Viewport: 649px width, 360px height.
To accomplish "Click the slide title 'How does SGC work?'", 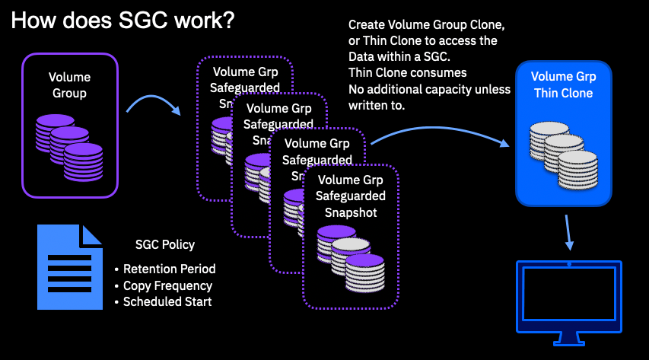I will pyautogui.click(x=122, y=21).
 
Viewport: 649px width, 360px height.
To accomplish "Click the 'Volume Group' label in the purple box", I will pyautogui.click(x=69, y=85).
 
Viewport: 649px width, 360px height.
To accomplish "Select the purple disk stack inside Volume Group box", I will pyautogui.click(x=68, y=145).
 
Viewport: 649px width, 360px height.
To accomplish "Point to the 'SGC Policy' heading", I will pyautogui.click(x=165, y=244).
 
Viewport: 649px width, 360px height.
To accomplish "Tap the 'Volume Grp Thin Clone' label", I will pyautogui.click(x=563, y=84).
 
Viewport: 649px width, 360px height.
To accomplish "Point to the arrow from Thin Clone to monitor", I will pyautogui.click(x=569, y=232).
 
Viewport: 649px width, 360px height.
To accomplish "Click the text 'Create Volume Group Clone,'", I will pyautogui.click(x=426, y=25).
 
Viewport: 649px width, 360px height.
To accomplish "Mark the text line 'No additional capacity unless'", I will pyautogui.click(x=430, y=89).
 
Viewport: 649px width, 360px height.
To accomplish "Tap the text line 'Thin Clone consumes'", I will pyautogui.click(x=407, y=73).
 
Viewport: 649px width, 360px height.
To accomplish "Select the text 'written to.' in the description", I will pyautogui.click(x=377, y=105).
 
